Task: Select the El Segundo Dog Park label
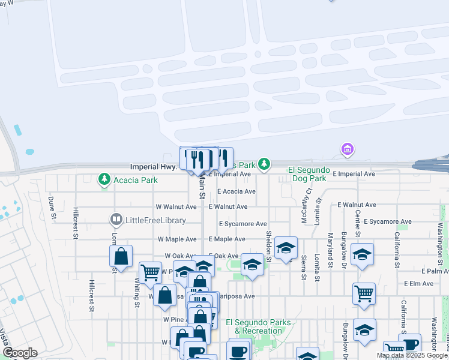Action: point(307,174)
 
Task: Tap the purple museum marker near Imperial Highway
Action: point(346,149)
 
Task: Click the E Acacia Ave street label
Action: point(237,191)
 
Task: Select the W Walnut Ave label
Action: point(176,206)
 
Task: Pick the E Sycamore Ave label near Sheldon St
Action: point(243,224)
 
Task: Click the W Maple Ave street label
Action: point(177,239)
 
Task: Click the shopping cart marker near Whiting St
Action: point(150,272)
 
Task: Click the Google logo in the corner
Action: point(20,353)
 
